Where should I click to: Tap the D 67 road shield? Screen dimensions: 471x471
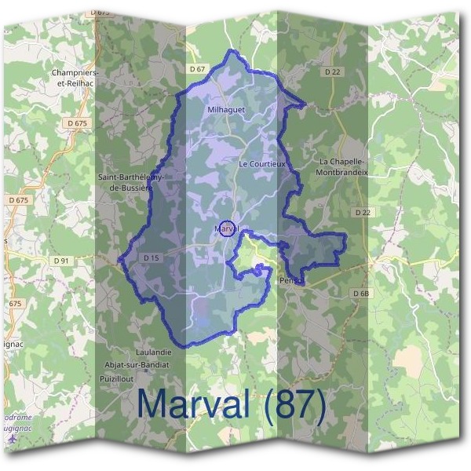click(x=196, y=70)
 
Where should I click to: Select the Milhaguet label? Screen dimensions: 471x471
click(x=227, y=110)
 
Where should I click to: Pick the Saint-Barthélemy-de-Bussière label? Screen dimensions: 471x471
click(x=130, y=182)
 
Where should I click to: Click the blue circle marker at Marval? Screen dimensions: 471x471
click(x=227, y=228)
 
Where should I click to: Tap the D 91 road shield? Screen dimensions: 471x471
click(x=63, y=260)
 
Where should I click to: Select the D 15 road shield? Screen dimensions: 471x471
click(x=152, y=257)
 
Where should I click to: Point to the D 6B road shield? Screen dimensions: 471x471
click(x=360, y=293)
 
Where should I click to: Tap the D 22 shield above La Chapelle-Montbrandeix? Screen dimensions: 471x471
click(x=333, y=71)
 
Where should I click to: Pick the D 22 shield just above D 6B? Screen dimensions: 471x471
click(x=362, y=213)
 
